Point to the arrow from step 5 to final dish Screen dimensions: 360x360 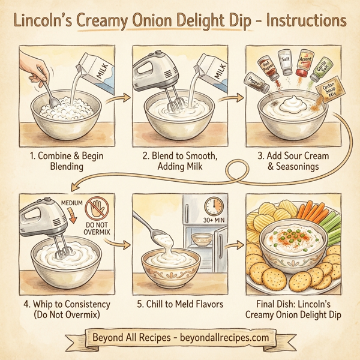pos(236,246)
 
